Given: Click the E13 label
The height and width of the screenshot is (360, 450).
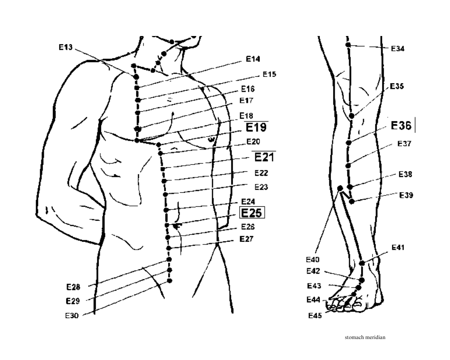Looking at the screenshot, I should click(65, 47).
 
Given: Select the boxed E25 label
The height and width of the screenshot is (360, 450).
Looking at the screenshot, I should click(252, 213).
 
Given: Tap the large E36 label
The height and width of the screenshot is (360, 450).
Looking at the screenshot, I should click(401, 126).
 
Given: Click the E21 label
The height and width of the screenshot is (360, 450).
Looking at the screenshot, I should click(263, 157).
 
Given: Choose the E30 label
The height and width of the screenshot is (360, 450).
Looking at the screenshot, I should click(72, 315).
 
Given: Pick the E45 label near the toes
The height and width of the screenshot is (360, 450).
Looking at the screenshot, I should click(315, 315).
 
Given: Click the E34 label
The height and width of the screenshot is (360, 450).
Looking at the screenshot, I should click(398, 49).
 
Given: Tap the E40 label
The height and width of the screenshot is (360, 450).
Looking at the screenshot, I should click(313, 259).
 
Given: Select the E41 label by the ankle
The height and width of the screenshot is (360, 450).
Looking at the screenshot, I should click(398, 247).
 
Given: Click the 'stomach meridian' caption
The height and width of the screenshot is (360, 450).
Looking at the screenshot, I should click(365, 337).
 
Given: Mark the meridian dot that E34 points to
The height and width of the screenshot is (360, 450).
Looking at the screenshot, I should click(348, 45).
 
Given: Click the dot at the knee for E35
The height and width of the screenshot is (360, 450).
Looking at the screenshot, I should click(351, 116).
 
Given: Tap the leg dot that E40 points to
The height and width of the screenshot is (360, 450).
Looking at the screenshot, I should click(340, 188).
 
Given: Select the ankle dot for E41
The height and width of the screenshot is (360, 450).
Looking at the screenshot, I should click(362, 263).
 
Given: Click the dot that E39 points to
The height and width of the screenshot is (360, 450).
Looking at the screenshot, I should click(352, 201).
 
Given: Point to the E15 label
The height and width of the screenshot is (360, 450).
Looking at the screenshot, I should click(269, 74).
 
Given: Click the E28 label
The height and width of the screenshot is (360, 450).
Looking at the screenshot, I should click(73, 287).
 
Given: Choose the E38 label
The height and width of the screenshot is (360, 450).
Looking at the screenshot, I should click(405, 174).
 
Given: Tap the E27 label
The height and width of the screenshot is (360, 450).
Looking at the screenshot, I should click(246, 239).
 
